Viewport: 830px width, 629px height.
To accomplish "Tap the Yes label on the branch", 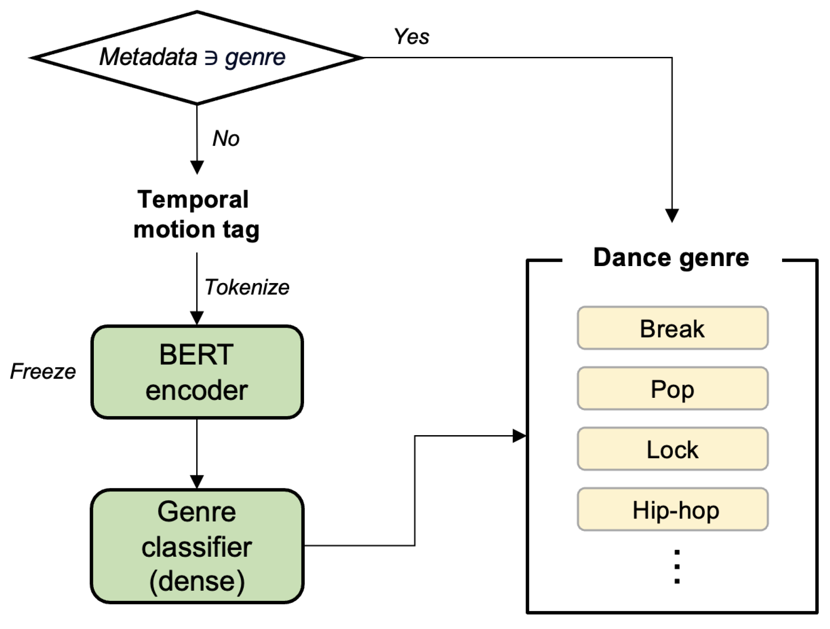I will [411, 37].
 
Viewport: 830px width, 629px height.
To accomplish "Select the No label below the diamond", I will [226, 139].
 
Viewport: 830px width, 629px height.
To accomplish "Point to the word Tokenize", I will [247, 287].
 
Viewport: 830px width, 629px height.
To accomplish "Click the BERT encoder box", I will [197, 372].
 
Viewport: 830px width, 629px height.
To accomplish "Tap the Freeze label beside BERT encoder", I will [43, 371].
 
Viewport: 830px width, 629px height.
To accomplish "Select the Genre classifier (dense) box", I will [197, 546].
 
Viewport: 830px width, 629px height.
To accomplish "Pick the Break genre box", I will [672, 329].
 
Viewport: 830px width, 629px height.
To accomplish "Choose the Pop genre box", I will [672, 389].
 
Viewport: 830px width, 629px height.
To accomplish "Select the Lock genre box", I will [672, 449].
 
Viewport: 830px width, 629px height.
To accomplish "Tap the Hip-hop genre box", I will [672, 510].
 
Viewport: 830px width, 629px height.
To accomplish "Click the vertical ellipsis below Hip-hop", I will [677, 567].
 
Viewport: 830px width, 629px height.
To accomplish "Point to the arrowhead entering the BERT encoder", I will [197, 318].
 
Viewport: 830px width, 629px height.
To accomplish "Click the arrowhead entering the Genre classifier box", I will [197, 482].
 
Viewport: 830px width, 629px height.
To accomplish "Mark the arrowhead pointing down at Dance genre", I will [672, 215].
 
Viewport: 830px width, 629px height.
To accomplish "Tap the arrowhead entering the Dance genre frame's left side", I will [519, 436].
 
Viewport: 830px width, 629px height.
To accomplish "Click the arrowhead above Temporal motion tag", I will [197, 167].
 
